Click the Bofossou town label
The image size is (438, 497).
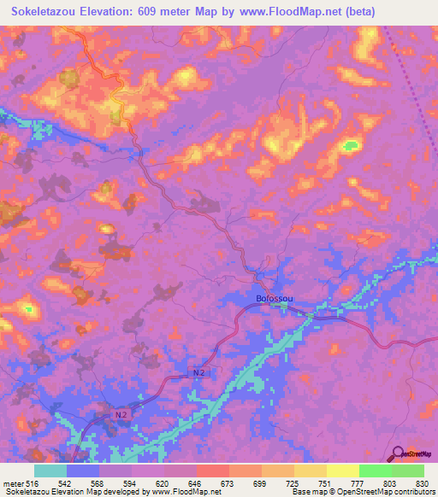pos(275,299)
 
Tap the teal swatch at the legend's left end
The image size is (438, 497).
pos(50,471)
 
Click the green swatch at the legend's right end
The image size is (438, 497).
pos(407,471)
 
